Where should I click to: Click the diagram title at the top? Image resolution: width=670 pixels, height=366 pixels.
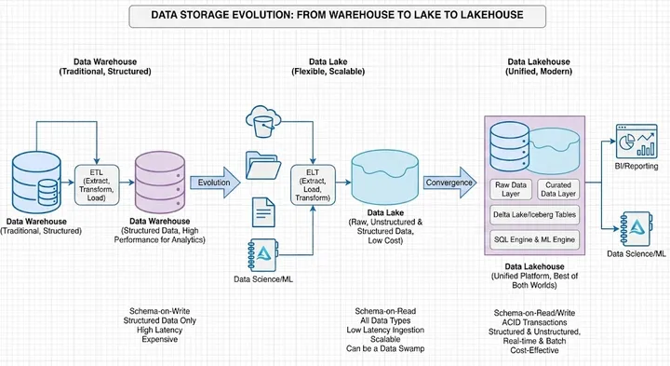(335, 15)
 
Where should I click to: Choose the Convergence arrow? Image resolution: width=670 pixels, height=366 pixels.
(449, 183)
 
